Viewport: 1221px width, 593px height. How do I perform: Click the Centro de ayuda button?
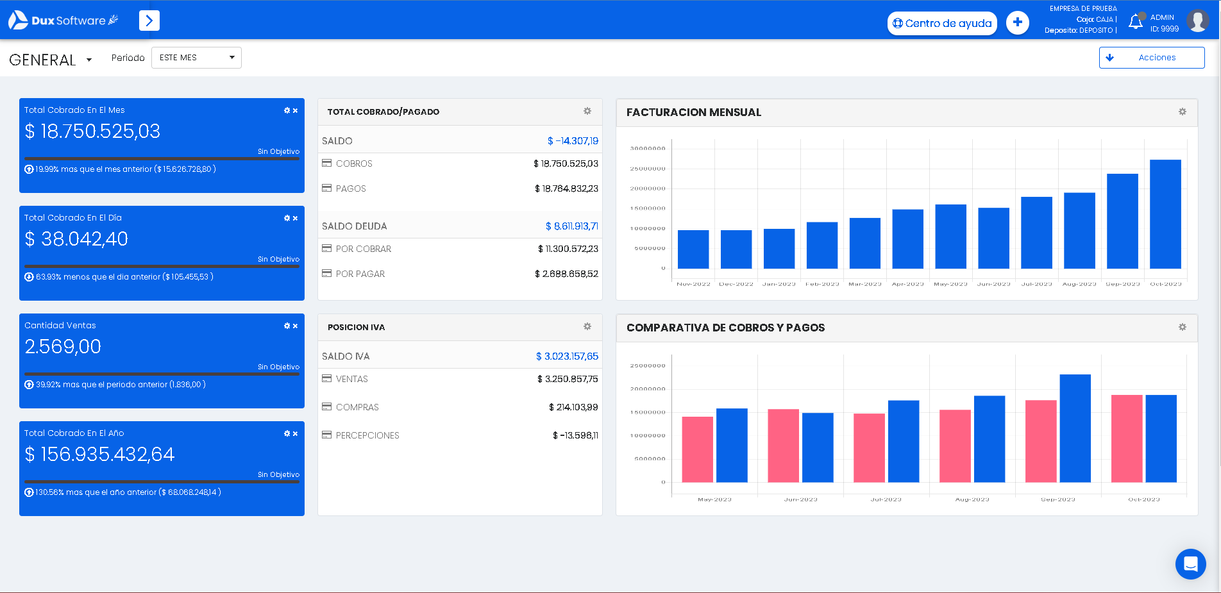[x=942, y=24]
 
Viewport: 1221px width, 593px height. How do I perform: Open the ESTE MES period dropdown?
[x=196, y=58]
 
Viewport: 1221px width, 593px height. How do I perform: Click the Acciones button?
[x=1151, y=58]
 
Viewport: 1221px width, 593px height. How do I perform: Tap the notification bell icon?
[x=1136, y=22]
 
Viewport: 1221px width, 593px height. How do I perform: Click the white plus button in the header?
[x=1017, y=23]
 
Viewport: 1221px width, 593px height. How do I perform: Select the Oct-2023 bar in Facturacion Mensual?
[x=1165, y=214]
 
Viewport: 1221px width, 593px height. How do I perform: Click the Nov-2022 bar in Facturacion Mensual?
[x=693, y=249]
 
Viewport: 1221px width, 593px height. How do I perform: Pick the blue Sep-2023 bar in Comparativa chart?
[x=1075, y=428]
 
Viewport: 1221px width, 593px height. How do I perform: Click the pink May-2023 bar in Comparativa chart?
[x=697, y=449]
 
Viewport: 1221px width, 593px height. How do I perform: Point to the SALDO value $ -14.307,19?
[x=573, y=141]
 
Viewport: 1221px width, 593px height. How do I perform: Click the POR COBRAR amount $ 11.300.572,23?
[x=568, y=249]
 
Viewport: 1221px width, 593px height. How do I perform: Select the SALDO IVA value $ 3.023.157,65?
[x=567, y=356]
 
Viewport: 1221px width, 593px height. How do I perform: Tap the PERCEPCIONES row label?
[x=367, y=435]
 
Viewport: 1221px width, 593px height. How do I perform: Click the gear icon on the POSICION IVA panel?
[x=587, y=326]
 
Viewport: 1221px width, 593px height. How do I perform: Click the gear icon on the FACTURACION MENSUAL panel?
[x=1183, y=112]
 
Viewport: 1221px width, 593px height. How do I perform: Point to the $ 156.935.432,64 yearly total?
[x=99, y=455]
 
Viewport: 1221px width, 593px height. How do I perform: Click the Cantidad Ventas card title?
[x=60, y=326]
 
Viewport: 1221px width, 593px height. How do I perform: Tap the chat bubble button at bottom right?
[x=1190, y=564]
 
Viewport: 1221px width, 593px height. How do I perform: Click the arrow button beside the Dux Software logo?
[x=149, y=21]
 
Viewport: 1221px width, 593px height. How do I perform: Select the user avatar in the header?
[x=1197, y=21]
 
